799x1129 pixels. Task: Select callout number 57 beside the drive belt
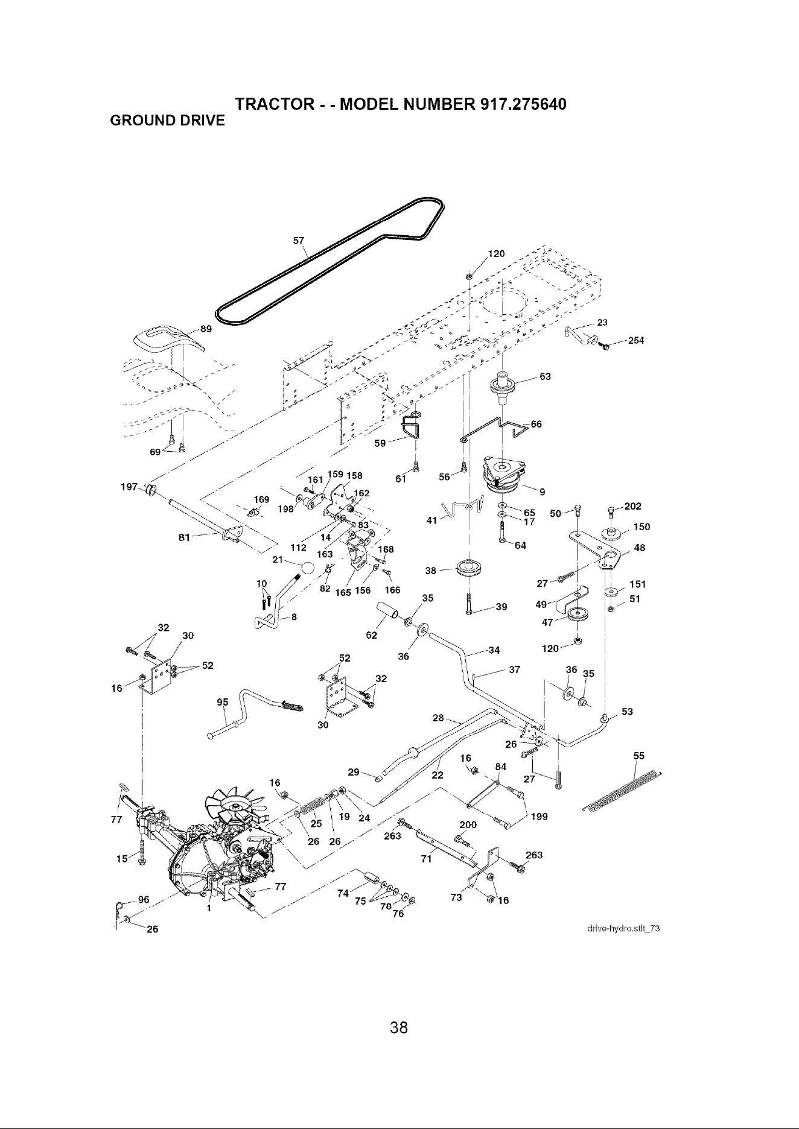coord(298,240)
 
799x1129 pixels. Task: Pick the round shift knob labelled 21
coord(308,568)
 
